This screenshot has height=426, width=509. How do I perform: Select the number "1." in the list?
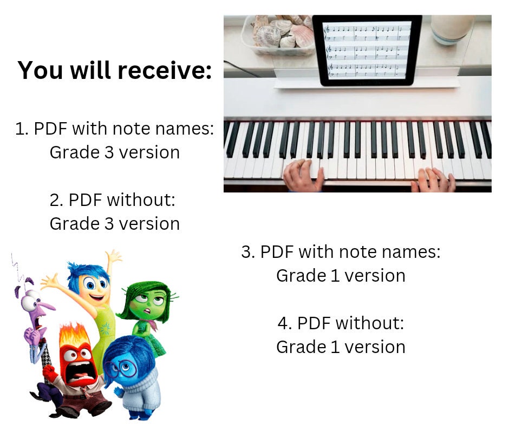[22, 129]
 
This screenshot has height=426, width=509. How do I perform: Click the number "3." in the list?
[249, 252]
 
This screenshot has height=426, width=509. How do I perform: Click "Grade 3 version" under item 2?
[115, 224]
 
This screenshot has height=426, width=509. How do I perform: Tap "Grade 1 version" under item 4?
[341, 347]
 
